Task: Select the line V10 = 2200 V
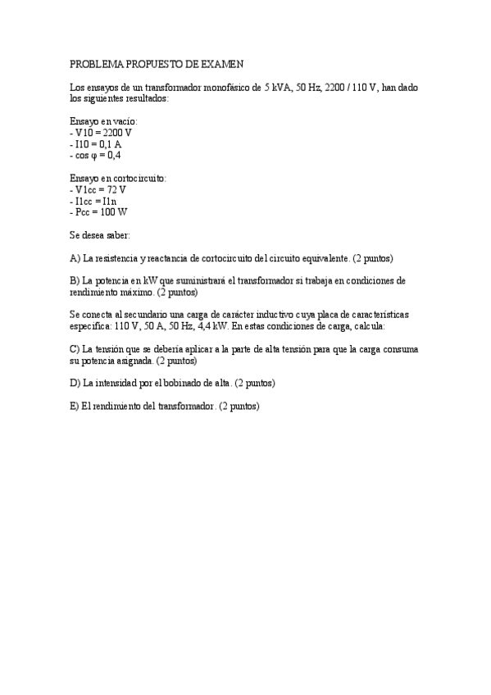coord(102,132)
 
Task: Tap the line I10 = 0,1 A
coord(97,143)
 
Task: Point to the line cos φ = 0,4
coord(96,155)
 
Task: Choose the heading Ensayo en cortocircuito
coord(118,178)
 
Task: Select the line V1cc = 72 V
coord(98,189)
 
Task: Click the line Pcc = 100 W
coord(99,212)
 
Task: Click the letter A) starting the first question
coord(75,258)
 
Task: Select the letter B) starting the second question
coord(75,281)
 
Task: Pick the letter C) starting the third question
coord(75,349)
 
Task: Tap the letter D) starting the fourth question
coord(75,383)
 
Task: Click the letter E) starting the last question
coord(75,406)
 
